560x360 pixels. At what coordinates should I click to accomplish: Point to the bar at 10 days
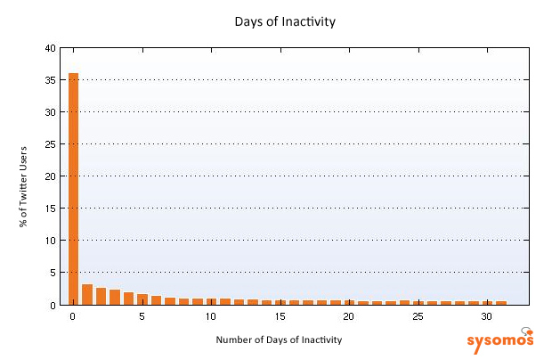point(210,301)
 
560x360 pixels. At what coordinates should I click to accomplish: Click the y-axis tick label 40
point(51,48)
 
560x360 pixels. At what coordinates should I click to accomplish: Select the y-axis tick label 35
point(51,80)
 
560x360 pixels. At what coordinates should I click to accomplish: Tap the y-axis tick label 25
point(51,144)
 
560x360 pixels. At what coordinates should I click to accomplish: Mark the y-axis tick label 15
point(51,209)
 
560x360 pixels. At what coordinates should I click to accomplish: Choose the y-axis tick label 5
point(53,273)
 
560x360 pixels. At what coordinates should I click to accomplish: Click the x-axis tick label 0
point(73,316)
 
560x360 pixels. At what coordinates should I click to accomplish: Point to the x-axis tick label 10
point(210,316)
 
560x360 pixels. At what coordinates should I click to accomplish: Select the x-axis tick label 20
point(348,316)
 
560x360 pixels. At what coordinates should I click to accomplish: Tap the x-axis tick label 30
point(486,316)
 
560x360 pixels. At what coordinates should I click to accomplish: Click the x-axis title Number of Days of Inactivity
point(279,340)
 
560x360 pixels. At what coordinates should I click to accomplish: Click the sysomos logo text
point(499,340)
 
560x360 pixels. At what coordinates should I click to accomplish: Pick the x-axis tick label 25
point(418,316)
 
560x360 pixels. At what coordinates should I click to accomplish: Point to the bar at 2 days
point(101,296)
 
